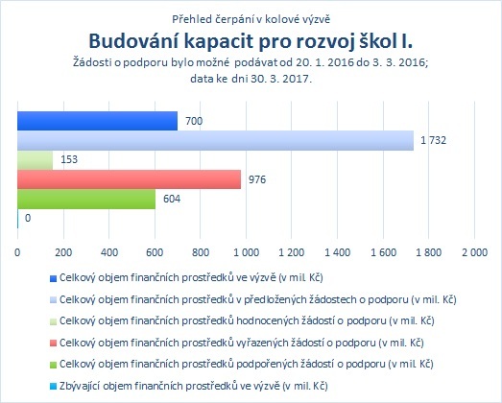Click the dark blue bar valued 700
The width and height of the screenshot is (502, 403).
(97, 121)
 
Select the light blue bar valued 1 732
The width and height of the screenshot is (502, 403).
(215, 140)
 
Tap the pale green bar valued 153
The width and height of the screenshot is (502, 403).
(36, 160)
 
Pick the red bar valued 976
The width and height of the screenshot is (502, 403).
(129, 179)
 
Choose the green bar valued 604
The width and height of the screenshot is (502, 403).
(86, 199)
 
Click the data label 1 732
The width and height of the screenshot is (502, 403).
(433, 140)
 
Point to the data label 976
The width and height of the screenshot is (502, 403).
(257, 179)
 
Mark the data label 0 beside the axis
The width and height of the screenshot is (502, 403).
(28, 219)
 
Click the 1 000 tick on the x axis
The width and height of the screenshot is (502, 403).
(246, 252)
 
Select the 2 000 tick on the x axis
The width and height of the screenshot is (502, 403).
(474, 252)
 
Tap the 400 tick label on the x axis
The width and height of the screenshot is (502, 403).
(109, 252)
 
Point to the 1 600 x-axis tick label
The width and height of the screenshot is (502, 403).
(383, 252)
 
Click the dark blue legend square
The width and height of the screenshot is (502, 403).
(53, 278)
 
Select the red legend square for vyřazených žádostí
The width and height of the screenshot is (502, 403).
(53, 344)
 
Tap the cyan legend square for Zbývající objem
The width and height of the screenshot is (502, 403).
(53, 387)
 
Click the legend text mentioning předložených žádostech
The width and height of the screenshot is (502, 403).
(258, 300)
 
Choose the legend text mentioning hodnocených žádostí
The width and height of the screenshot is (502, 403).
(247, 321)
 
